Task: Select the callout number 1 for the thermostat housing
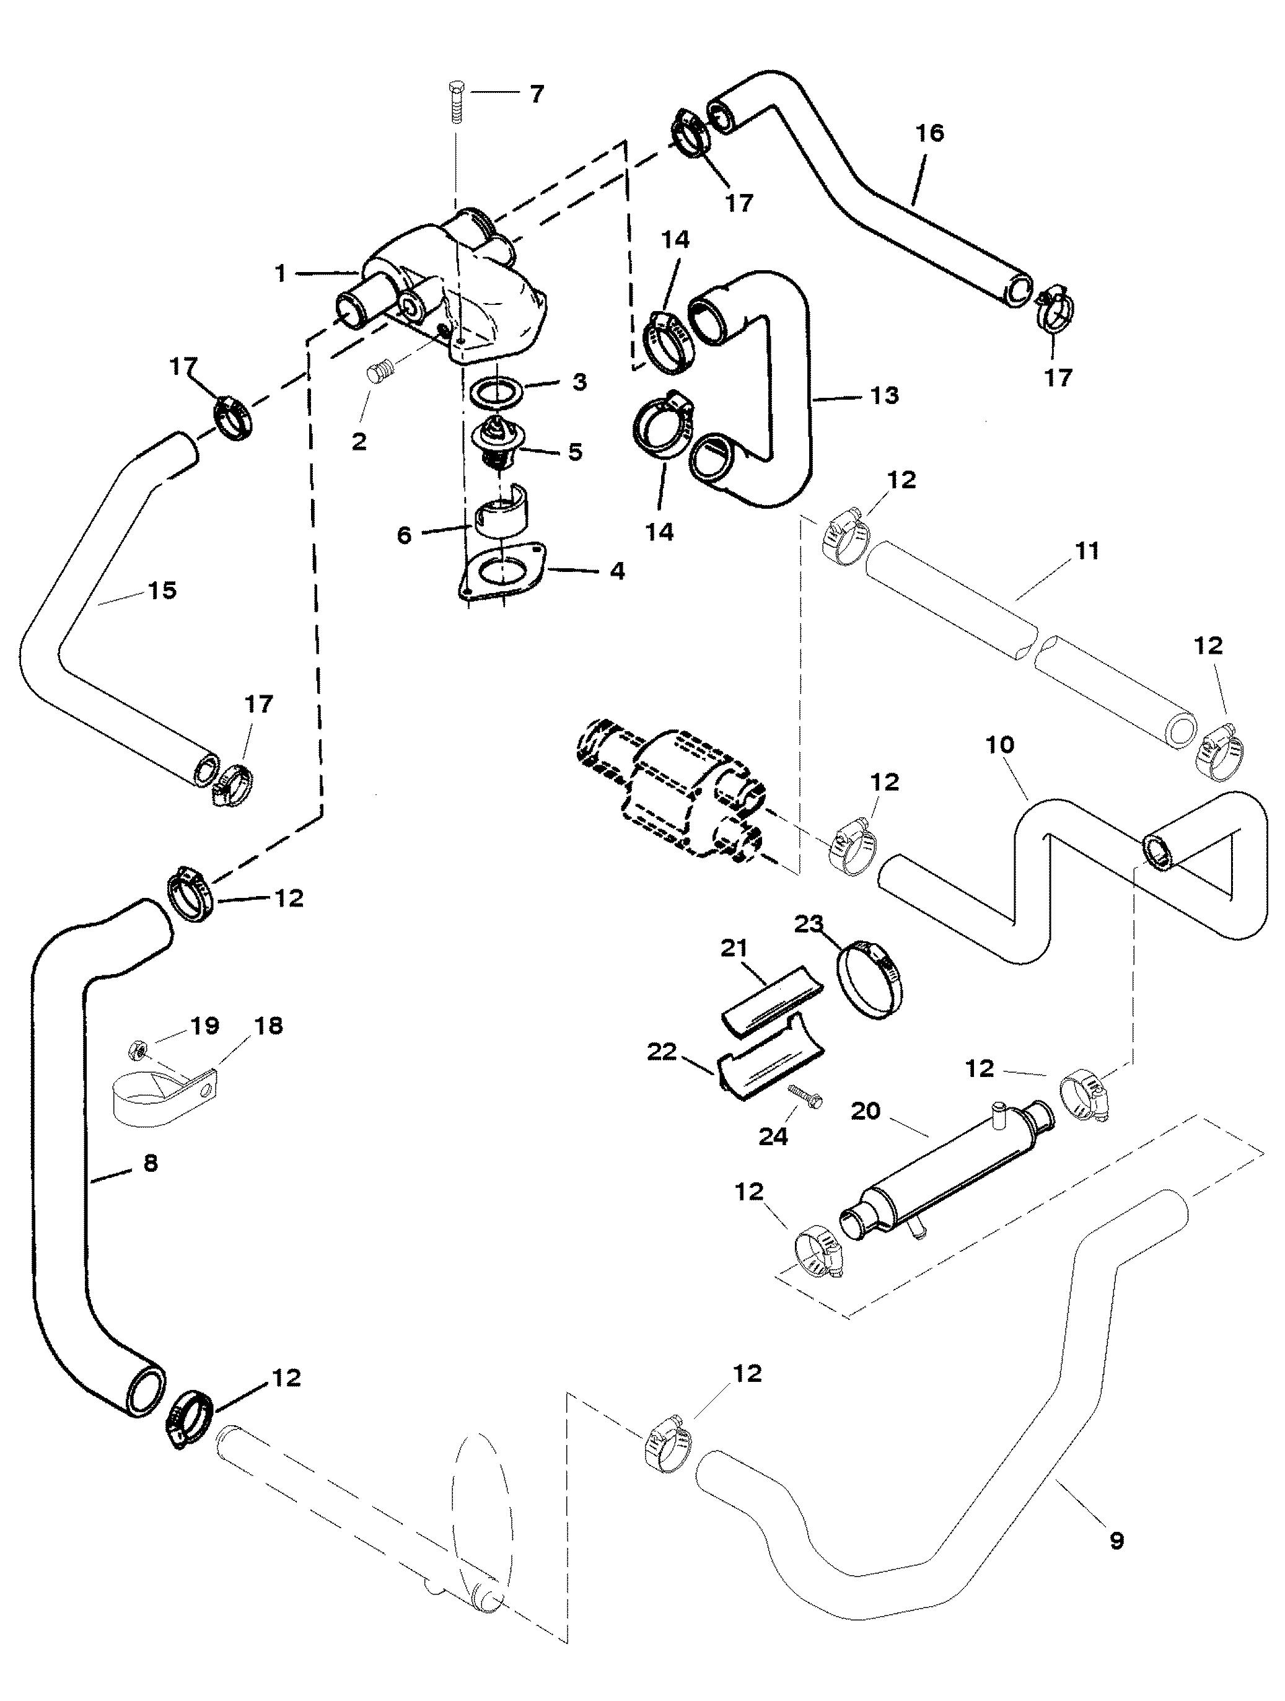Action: click(x=281, y=274)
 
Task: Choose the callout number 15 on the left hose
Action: click(x=162, y=590)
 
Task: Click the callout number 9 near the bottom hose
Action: click(x=1116, y=1541)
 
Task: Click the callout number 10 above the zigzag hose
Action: click(x=1000, y=744)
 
